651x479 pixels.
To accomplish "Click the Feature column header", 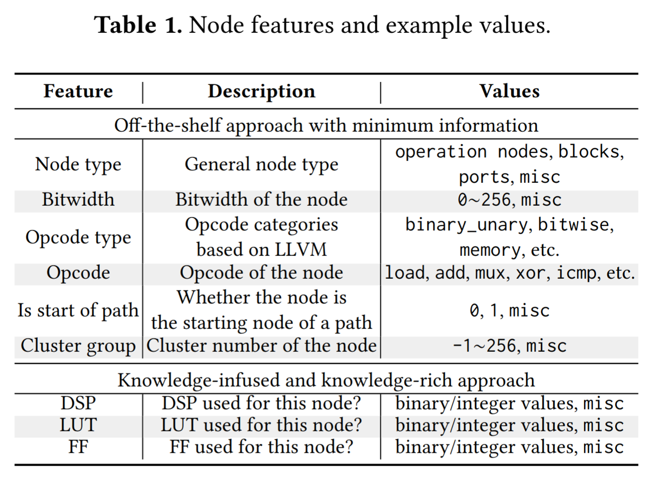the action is click(x=78, y=91).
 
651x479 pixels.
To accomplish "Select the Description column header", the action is click(x=262, y=92).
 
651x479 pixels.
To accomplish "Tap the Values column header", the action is click(x=509, y=91).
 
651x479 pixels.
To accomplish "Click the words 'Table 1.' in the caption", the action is click(x=139, y=25).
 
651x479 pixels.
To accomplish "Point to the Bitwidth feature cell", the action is click(x=78, y=200).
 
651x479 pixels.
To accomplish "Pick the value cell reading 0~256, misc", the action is click(x=509, y=200).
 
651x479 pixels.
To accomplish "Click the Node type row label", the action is click(x=78, y=164).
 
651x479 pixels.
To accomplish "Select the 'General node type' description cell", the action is click(x=262, y=164).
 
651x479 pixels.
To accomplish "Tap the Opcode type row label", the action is click(x=78, y=238).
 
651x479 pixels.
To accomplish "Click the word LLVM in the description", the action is click(x=300, y=249).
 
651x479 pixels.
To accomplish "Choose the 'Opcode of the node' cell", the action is click(x=262, y=273).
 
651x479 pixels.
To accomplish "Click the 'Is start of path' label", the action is click(x=78, y=311).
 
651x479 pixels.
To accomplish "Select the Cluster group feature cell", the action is click(x=78, y=346).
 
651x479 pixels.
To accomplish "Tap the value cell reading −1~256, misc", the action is click(x=509, y=346).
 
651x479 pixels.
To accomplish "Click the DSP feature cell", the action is click(x=78, y=403).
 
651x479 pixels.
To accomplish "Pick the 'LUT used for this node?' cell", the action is click(x=262, y=425).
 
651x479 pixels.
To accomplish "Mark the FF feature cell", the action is click(x=78, y=447).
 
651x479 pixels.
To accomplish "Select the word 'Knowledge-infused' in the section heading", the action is click(x=199, y=381).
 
